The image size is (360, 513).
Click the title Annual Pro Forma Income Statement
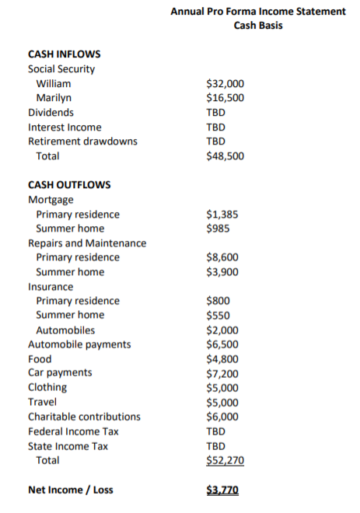click(257, 11)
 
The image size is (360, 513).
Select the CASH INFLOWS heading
click(64, 54)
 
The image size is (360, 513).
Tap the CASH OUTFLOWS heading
click(68, 185)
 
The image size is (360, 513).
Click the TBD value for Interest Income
click(215, 127)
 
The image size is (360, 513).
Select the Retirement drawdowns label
click(82, 141)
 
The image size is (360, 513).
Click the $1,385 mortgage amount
click(222, 214)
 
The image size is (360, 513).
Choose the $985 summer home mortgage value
click(218, 229)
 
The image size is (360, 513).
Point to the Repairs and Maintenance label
click(87, 243)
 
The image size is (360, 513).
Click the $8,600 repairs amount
click(222, 257)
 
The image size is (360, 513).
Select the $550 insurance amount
click(218, 315)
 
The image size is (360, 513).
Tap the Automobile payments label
click(79, 344)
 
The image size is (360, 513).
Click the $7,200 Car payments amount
click(222, 373)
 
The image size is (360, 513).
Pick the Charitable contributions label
click(84, 417)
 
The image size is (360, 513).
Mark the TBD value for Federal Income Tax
click(215, 431)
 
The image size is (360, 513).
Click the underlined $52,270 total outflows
click(225, 461)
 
